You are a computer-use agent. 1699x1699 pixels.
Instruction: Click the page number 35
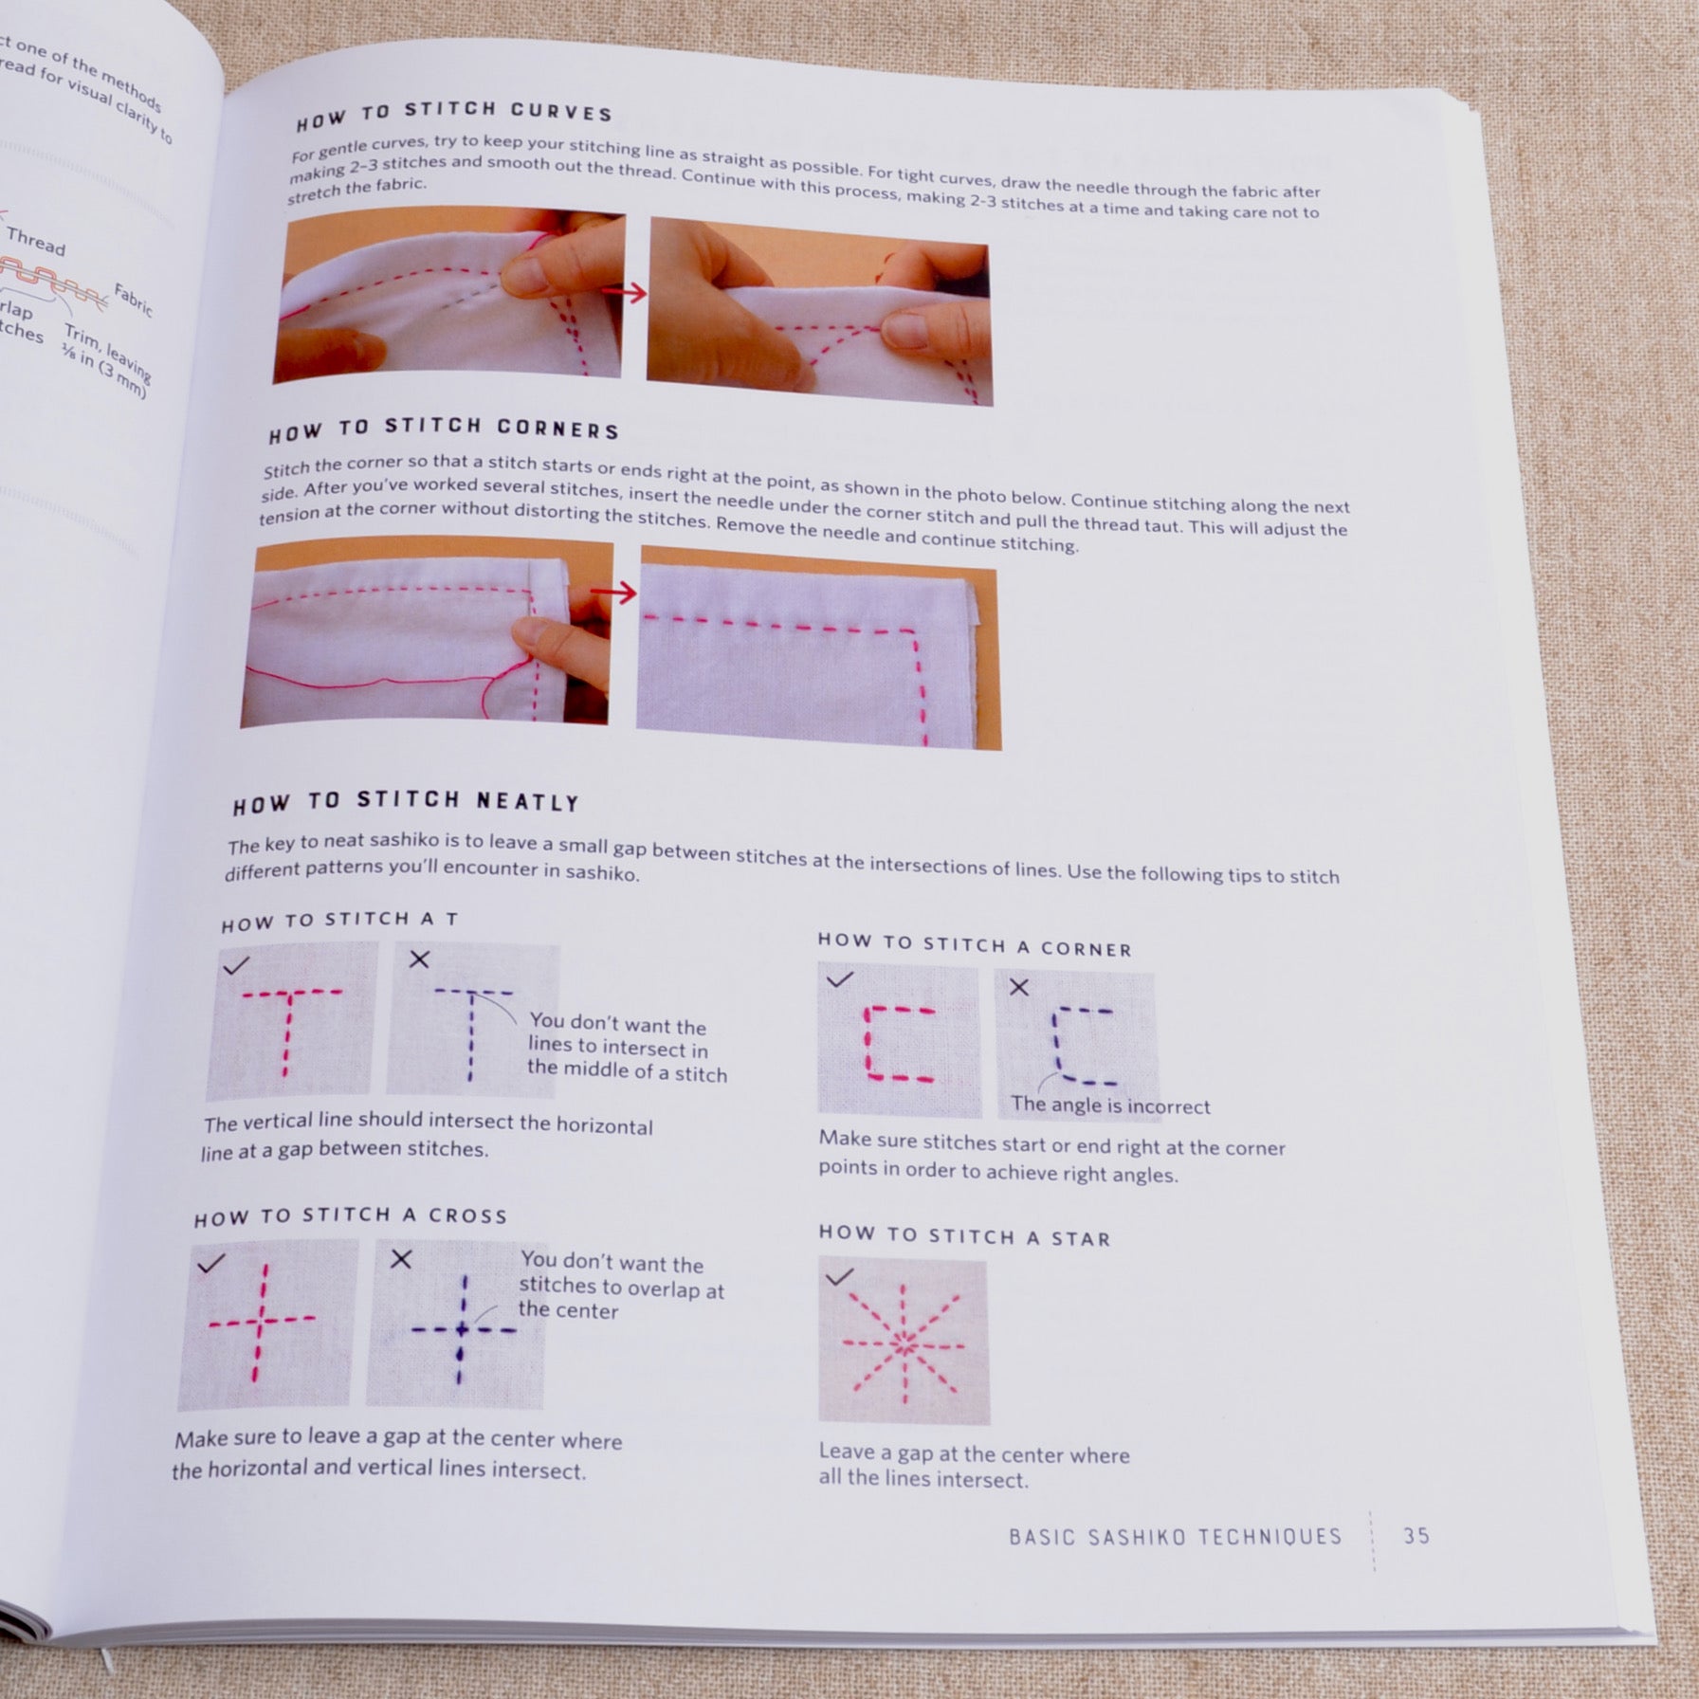pos(1416,1535)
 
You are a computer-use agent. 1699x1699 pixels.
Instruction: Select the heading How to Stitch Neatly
pos(406,802)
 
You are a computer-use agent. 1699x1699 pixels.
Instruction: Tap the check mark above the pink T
pos(235,965)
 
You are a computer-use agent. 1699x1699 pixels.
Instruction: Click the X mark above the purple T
pos(418,959)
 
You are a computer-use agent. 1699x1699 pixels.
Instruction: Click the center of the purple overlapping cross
pos(462,1330)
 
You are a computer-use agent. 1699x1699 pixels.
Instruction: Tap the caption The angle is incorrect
pos(1110,1105)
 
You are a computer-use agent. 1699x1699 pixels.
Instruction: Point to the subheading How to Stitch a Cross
pos(351,1215)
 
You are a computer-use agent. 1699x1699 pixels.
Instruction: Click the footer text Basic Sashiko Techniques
pos(1176,1536)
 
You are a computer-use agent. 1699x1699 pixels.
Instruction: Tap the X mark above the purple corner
pos(1019,987)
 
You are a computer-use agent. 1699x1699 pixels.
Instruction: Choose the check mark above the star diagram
pos(839,1277)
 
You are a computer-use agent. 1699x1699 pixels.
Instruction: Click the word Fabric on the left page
pos(133,299)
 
